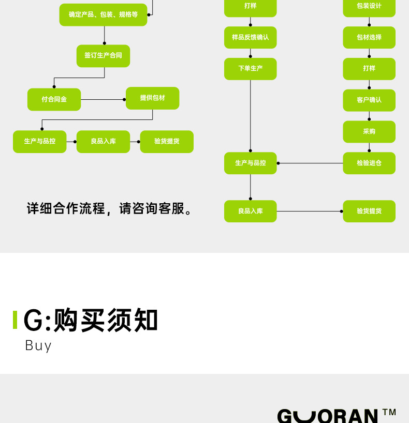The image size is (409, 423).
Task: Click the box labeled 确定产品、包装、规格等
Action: (103, 15)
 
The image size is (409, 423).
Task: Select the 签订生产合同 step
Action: (103, 56)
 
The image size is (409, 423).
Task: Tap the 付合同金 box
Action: (54, 99)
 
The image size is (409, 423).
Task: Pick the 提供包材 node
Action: (152, 98)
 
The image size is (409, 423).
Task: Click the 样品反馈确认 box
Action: (250, 38)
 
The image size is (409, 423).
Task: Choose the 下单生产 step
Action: (250, 69)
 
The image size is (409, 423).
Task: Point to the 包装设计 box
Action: (369, 6)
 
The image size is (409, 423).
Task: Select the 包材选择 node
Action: (369, 38)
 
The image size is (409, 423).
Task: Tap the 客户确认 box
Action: (369, 100)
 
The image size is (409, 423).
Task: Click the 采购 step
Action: (369, 132)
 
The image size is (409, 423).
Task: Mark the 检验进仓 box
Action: (369, 163)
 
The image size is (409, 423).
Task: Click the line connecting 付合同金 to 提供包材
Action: (103, 99)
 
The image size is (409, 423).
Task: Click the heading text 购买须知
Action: (106, 320)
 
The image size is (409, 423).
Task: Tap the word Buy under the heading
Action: (38, 345)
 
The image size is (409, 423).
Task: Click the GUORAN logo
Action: (327, 416)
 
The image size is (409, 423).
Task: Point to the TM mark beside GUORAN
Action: (389, 412)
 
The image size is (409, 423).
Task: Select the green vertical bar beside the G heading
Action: (15, 320)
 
